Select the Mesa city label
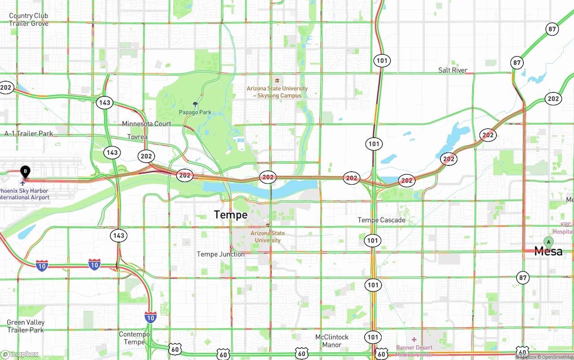pyautogui.click(x=548, y=252)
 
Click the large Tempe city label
pyautogui.click(x=230, y=215)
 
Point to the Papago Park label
pyautogui.click(x=195, y=112)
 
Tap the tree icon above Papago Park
pyautogui.click(x=195, y=104)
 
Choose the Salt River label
pyautogui.click(x=452, y=70)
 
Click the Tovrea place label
pyautogui.click(x=137, y=137)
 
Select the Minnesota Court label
pyautogui.click(x=147, y=124)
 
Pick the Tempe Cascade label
pyautogui.click(x=381, y=220)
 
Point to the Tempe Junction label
pyautogui.click(x=221, y=254)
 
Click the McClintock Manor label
pyautogui.click(x=331, y=341)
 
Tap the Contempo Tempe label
pyautogui.click(x=134, y=338)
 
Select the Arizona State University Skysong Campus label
pyautogui.click(x=277, y=92)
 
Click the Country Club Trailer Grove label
pyautogui.click(x=29, y=19)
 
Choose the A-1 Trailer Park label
pyautogui.click(x=29, y=134)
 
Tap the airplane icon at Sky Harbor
pyautogui.click(x=24, y=182)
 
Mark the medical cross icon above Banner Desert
pyautogui.click(x=414, y=339)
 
